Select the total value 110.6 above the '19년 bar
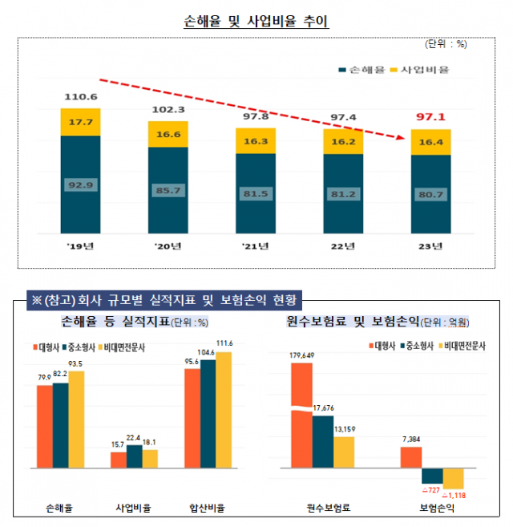point(80,98)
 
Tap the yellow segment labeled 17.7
point(80,122)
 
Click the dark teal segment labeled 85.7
point(168,191)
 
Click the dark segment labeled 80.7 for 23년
point(431,194)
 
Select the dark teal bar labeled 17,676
point(323,440)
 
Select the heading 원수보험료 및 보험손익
point(353,322)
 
